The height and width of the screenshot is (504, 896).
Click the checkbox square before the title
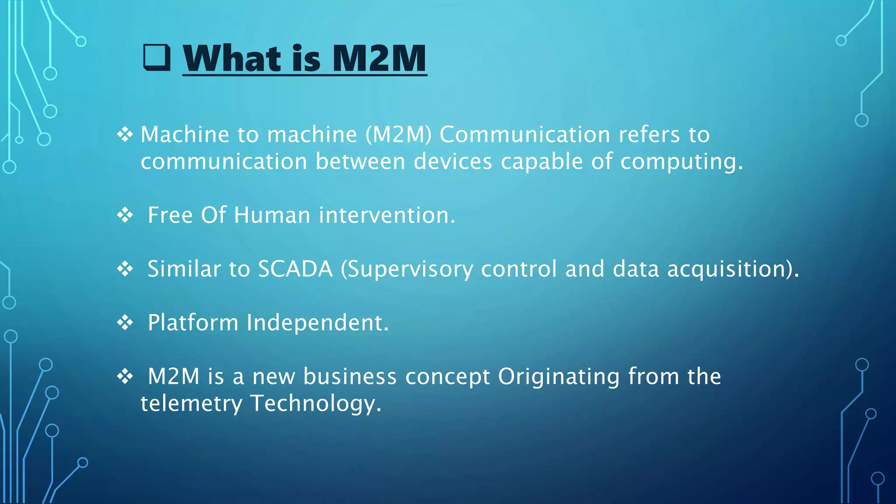[157, 58]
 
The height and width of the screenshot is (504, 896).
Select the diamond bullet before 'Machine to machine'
[125, 134]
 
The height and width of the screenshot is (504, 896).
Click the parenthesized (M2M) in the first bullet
[399, 135]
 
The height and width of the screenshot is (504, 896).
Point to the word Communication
[525, 135]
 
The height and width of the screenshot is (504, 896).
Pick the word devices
[453, 161]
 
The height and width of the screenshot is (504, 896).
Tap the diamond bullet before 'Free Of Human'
[125, 215]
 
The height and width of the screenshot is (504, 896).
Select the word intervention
[387, 215]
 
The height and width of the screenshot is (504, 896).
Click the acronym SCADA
[295, 269]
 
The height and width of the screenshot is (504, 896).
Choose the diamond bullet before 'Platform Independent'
[125, 323]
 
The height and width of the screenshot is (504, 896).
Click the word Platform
[193, 323]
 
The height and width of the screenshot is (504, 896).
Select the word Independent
[317, 323]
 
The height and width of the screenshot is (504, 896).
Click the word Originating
[559, 377]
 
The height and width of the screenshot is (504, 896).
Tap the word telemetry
[191, 404]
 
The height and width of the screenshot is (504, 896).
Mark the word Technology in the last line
[315, 404]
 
